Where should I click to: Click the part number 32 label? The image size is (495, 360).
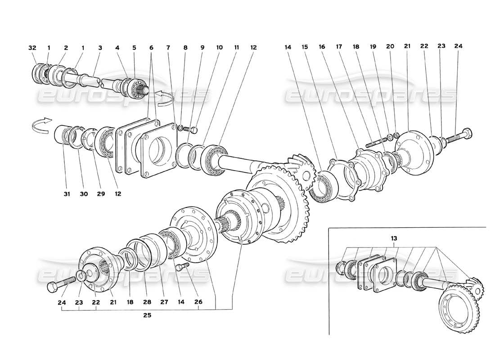point(31,47)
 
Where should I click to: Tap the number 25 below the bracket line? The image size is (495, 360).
point(147,315)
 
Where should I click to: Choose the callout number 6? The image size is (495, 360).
point(151,47)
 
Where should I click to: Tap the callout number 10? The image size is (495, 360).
point(219,47)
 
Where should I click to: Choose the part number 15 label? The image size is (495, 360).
point(305,46)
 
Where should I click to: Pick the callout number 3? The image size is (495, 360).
point(100,47)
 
